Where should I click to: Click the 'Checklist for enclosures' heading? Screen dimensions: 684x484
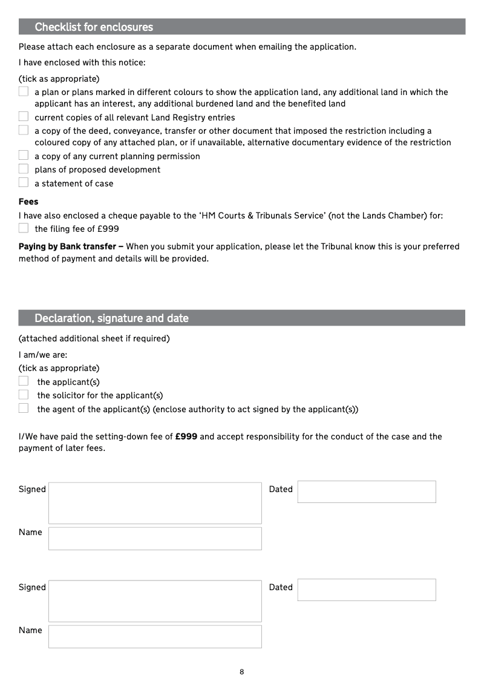pyautogui.click(x=94, y=27)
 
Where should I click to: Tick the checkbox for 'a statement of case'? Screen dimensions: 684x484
pyautogui.click(x=24, y=183)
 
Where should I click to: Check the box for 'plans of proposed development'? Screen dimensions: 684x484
pyautogui.click(x=24, y=169)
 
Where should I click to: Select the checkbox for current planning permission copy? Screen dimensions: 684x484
pyautogui.click(x=24, y=156)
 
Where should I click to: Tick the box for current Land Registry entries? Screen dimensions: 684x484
pyautogui.click(x=24, y=117)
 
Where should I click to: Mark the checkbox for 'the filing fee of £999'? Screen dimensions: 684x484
pyautogui.click(x=24, y=228)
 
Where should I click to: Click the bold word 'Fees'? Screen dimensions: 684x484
pyautogui.click(x=28, y=202)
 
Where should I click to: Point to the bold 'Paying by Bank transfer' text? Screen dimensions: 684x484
pyautogui.click(x=67, y=246)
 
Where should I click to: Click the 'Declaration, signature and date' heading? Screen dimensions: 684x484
pyautogui.click(x=111, y=318)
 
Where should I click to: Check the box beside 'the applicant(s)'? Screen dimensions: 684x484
pyautogui.click(x=24, y=381)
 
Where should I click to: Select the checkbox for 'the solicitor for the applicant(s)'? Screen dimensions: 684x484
pyautogui.click(x=24, y=395)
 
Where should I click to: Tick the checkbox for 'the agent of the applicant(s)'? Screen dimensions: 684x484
pyautogui.click(x=24, y=409)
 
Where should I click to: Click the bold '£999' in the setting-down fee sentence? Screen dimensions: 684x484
pyautogui.click(x=186, y=436)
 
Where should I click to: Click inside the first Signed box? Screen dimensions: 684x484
pyautogui.click(x=155, y=503)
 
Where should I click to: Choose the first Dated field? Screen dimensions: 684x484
pyautogui.click(x=367, y=492)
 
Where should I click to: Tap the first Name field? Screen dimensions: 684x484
pyautogui.click(x=155, y=538)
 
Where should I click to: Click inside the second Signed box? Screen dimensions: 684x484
pyautogui.click(x=155, y=601)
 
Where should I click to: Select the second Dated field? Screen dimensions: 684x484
pyautogui.click(x=367, y=590)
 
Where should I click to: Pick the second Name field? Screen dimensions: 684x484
pyautogui.click(x=155, y=636)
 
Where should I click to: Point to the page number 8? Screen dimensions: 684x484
pyautogui.click(x=242, y=672)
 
